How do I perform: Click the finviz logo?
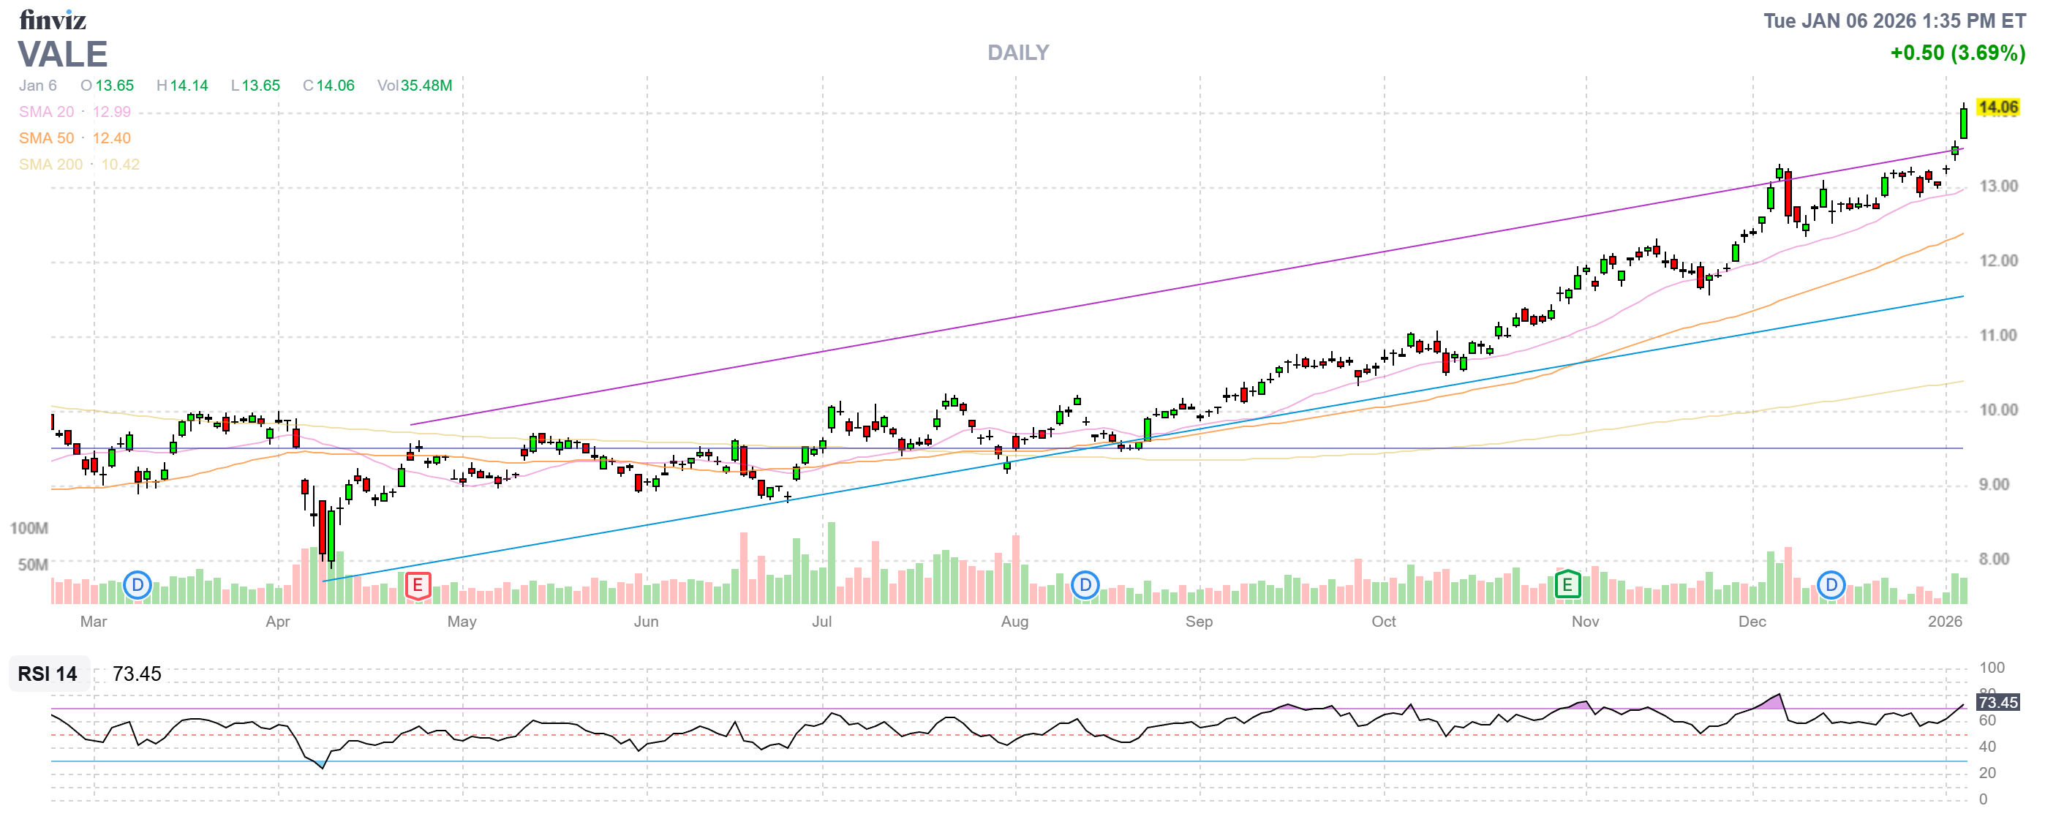click(53, 19)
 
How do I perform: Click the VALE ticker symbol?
click(63, 55)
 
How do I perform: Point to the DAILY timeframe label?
click(1017, 53)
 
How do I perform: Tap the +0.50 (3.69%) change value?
click(1957, 53)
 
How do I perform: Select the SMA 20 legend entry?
click(75, 112)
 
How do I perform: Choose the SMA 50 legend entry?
click(75, 138)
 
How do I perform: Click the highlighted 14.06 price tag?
click(1997, 107)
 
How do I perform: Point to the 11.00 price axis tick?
click(1997, 336)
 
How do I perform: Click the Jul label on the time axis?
click(821, 622)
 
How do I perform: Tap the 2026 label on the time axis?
click(1944, 622)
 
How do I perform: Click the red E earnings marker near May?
click(418, 587)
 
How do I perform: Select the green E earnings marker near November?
click(1567, 587)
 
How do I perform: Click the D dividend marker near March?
click(138, 587)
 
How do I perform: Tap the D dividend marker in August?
click(1085, 587)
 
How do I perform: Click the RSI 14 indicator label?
click(48, 674)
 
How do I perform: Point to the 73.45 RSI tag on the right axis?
click(1997, 703)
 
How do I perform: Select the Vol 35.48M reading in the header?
click(415, 86)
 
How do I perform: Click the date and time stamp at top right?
click(1894, 21)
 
